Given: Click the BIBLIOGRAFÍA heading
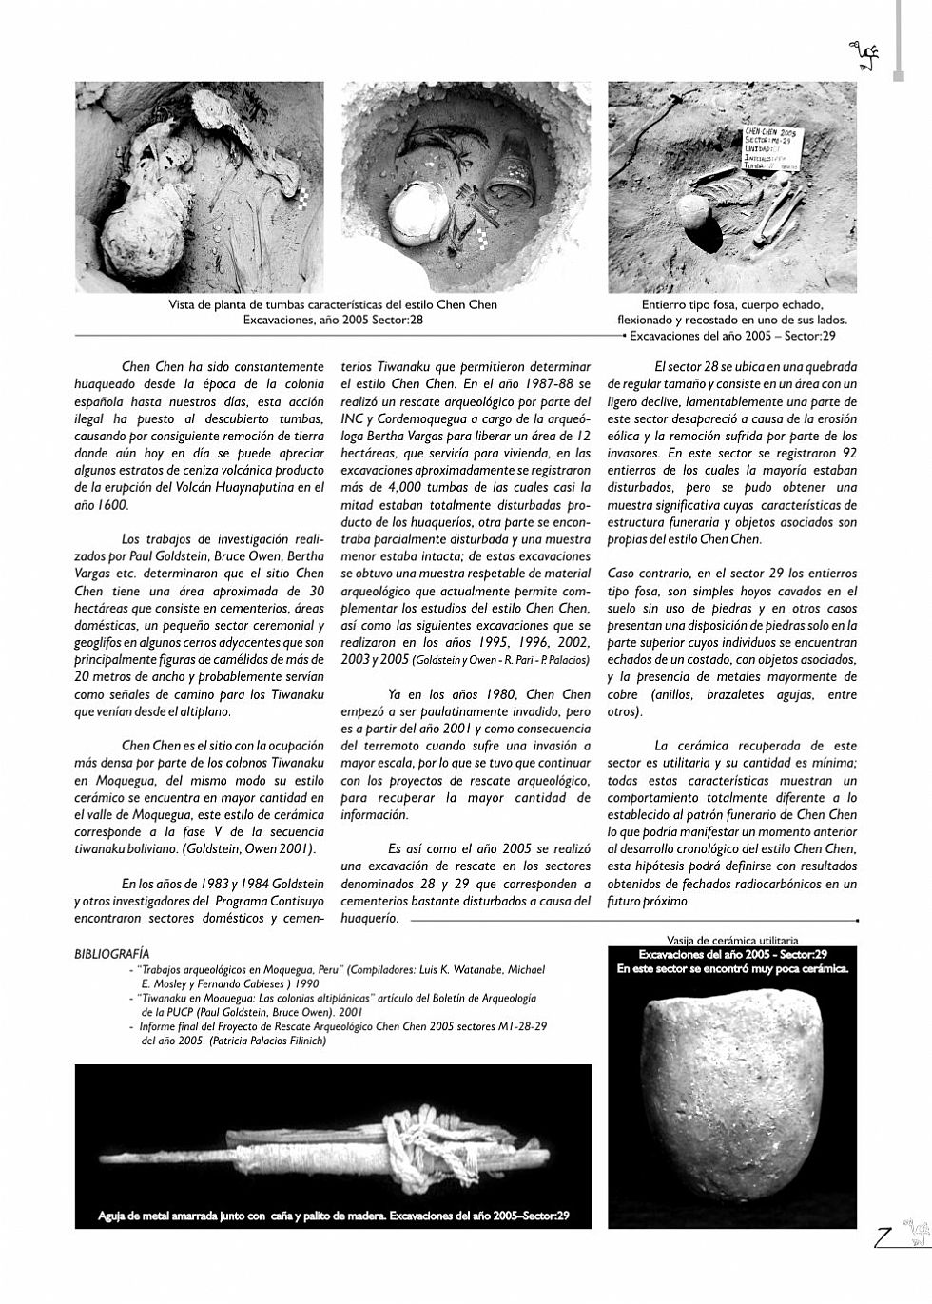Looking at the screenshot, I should [x=111, y=953].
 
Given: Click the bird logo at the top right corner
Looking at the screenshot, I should [x=864, y=58].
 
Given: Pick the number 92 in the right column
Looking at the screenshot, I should [x=848, y=454].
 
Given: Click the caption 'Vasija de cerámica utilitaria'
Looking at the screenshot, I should [x=732, y=940].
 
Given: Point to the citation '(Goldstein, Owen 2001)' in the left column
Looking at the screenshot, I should [x=262, y=847].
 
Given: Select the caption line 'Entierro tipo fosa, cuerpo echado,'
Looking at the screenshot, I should [x=732, y=305].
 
